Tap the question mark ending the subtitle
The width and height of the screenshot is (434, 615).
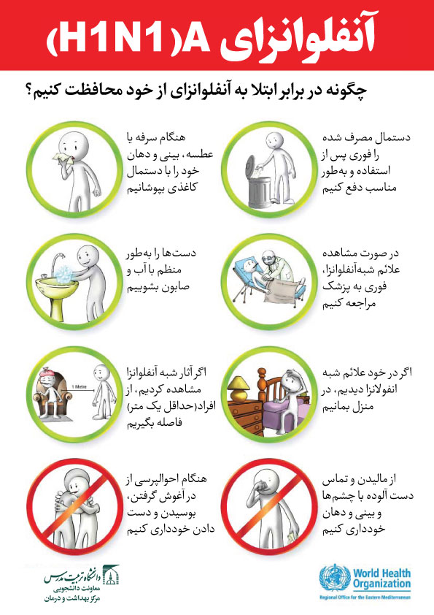pos(28,91)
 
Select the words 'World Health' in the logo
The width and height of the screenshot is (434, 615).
pos(382,573)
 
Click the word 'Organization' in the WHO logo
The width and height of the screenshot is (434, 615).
pos(382,584)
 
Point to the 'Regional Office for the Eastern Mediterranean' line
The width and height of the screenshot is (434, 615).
pos(365,597)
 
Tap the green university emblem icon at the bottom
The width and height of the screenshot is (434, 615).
pos(110,575)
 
